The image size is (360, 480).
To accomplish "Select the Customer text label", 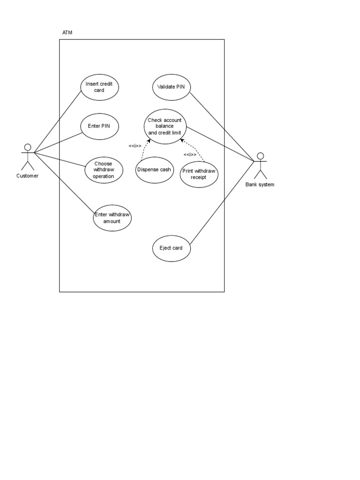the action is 28,176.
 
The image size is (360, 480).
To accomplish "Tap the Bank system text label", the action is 260,185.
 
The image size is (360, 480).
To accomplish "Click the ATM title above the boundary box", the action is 67,32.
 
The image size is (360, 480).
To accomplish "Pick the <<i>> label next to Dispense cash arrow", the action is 135,146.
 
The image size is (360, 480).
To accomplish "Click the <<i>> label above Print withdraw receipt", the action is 190,155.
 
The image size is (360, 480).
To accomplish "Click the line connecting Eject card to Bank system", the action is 222,202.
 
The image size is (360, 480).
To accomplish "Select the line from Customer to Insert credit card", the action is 58,121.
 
